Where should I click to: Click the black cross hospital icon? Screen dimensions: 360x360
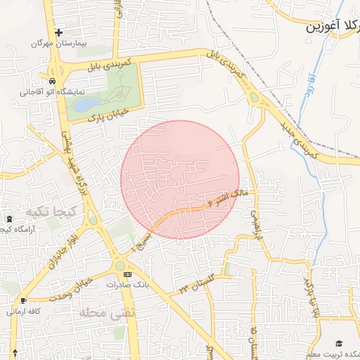click(x=58, y=32)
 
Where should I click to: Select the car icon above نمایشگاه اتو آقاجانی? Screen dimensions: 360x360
click(x=53, y=81)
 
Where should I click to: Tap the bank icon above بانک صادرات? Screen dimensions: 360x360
click(x=127, y=274)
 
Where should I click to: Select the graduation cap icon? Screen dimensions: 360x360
click(x=340, y=343)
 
